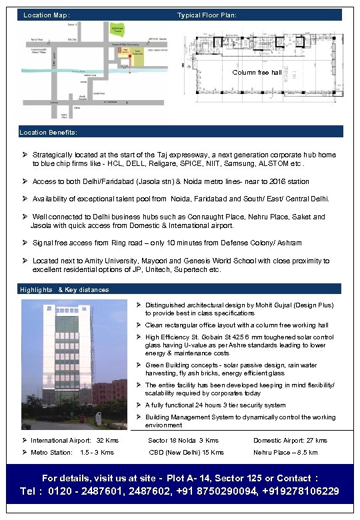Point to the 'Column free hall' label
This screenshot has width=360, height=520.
tap(257, 72)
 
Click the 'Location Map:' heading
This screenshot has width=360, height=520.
tap(47, 15)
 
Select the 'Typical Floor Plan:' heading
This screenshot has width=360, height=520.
tap(207, 15)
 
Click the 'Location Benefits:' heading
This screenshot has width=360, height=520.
tap(49, 132)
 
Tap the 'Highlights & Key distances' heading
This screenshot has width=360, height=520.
tap(65, 290)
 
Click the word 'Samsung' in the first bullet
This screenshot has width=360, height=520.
tap(257, 163)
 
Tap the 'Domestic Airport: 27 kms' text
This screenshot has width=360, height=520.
tap(290, 441)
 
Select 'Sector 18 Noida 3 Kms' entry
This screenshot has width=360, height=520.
tap(183, 441)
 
